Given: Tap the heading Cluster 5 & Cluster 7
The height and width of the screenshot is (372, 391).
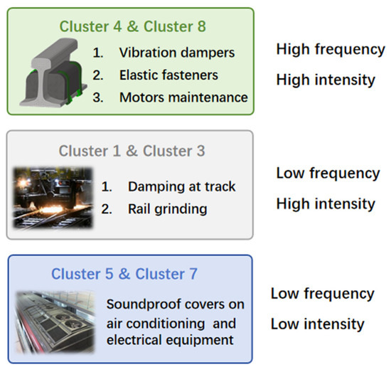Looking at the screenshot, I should [124, 274].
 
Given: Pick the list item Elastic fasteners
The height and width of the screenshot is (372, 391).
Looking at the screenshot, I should [168, 74].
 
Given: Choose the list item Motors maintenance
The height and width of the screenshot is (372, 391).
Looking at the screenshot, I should [183, 97].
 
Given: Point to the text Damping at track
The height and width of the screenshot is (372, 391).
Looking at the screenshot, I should [181, 186].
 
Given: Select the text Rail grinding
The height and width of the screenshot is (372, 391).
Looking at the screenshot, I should [168, 209].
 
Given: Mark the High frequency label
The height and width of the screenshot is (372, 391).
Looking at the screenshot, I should [330, 50].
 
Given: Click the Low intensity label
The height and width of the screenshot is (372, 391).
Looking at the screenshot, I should [317, 324].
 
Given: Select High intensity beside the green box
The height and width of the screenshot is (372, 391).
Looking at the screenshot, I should [325, 80].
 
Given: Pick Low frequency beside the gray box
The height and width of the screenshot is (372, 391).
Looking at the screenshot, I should [328, 174].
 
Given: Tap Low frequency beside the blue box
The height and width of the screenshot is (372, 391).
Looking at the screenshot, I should [322, 294].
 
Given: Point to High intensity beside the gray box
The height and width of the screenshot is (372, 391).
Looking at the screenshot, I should [325, 204].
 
